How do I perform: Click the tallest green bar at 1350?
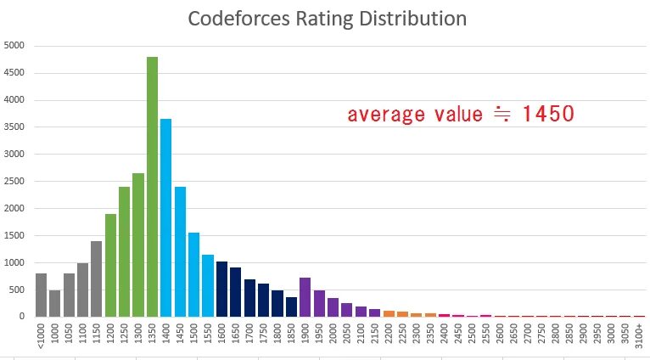coord(152,187)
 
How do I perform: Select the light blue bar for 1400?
coord(166,217)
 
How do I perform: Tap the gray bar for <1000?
coord(41,295)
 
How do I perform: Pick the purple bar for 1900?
coord(305,297)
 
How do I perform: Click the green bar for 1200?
coord(110,265)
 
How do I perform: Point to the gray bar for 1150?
coord(96,278)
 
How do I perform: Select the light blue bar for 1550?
coord(208,285)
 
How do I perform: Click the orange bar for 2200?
coord(389,313)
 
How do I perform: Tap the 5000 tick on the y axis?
coord(14,45)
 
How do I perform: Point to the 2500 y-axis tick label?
coord(14,181)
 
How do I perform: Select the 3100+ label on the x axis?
coord(639,336)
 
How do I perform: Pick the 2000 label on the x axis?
coord(333,335)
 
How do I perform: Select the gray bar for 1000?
coord(54,303)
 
